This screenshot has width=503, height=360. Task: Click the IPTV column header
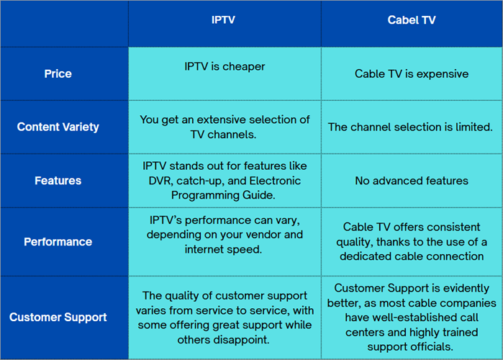[224, 20]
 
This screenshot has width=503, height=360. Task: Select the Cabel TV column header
[411, 20]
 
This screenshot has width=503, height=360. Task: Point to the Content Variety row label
[58, 127]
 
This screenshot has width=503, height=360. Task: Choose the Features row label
[58, 181]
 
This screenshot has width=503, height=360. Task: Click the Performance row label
[58, 242]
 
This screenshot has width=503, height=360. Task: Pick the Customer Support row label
[58, 317]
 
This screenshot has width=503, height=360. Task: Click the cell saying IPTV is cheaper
[225, 67]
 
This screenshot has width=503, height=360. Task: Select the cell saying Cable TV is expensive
[412, 73]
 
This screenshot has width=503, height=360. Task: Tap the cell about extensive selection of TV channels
[225, 127]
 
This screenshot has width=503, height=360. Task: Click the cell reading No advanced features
[412, 181]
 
